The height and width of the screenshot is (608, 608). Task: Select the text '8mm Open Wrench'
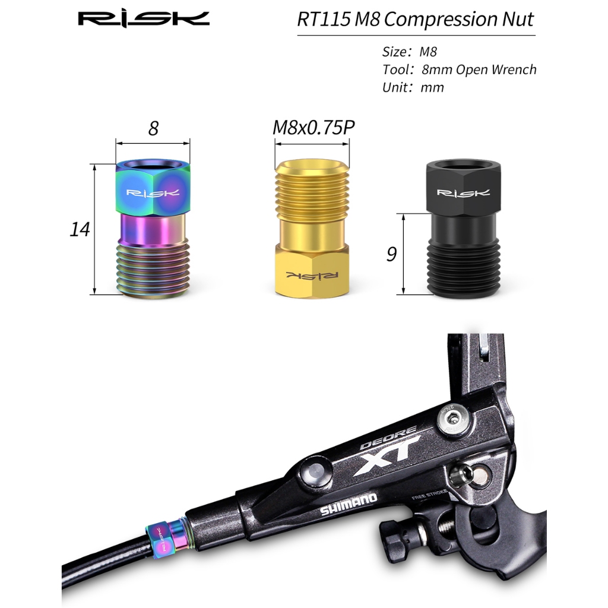coord(479,70)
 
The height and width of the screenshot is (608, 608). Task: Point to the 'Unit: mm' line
coord(413,88)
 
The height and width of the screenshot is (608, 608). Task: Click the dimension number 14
coord(80,229)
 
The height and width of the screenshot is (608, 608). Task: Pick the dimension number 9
coord(391,254)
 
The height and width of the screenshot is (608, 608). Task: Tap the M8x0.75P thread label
coord(313,128)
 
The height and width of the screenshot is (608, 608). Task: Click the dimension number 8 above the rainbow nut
coord(153,128)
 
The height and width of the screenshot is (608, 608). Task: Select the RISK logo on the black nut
coord(463,193)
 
